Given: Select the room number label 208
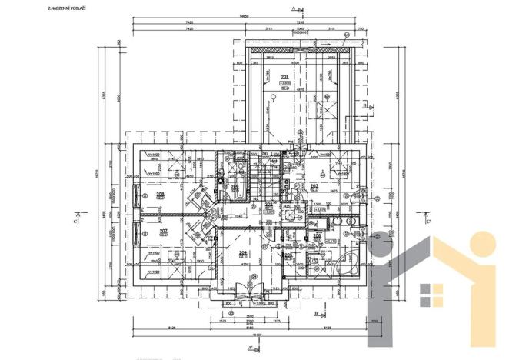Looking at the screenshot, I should coord(161,195).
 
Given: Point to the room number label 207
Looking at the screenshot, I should coord(163,231).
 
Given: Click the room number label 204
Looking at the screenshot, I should coord(242,252).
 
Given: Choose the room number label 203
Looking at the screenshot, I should coord(314,185).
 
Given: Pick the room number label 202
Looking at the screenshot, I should coord(269,205).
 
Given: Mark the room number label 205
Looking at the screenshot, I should coord(289,255).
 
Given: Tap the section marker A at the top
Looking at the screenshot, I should coord(294,7).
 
